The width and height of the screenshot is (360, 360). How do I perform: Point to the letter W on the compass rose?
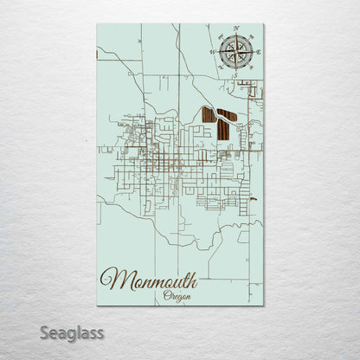(x=211, y=52)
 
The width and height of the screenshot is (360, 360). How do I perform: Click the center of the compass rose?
(x=234, y=52)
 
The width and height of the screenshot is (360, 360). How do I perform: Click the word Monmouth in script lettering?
(x=149, y=279)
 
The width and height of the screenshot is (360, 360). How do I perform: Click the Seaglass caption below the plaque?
(x=75, y=332)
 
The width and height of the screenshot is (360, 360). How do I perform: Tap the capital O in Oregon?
(x=166, y=295)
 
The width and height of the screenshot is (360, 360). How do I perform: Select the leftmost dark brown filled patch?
(x=208, y=114)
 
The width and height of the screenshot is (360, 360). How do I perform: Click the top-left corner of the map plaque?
(x=98, y=24)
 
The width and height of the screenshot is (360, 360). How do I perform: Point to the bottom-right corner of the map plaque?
(x=263, y=305)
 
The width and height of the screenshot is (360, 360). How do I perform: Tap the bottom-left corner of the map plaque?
(x=98, y=305)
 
